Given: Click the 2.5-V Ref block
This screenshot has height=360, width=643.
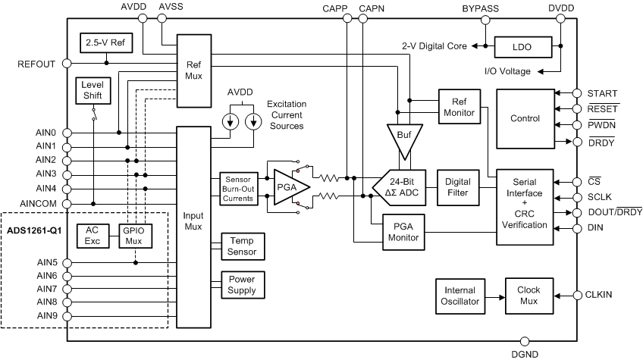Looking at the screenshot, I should (x=106, y=43).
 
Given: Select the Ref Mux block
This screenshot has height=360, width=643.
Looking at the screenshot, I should (x=193, y=70).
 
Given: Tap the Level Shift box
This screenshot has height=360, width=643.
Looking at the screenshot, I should (x=93, y=91).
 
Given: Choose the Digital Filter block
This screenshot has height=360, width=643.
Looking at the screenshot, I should (x=458, y=186).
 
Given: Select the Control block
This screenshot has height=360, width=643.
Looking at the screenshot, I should (x=525, y=118).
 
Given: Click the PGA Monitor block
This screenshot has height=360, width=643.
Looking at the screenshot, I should (x=403, y=231).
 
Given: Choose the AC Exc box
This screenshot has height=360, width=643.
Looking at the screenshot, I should (x=93, y=236).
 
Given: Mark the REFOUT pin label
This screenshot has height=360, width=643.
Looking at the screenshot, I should (x=36, y=64).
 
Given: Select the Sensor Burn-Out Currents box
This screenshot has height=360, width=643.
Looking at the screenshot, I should (x=239, y=186).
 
